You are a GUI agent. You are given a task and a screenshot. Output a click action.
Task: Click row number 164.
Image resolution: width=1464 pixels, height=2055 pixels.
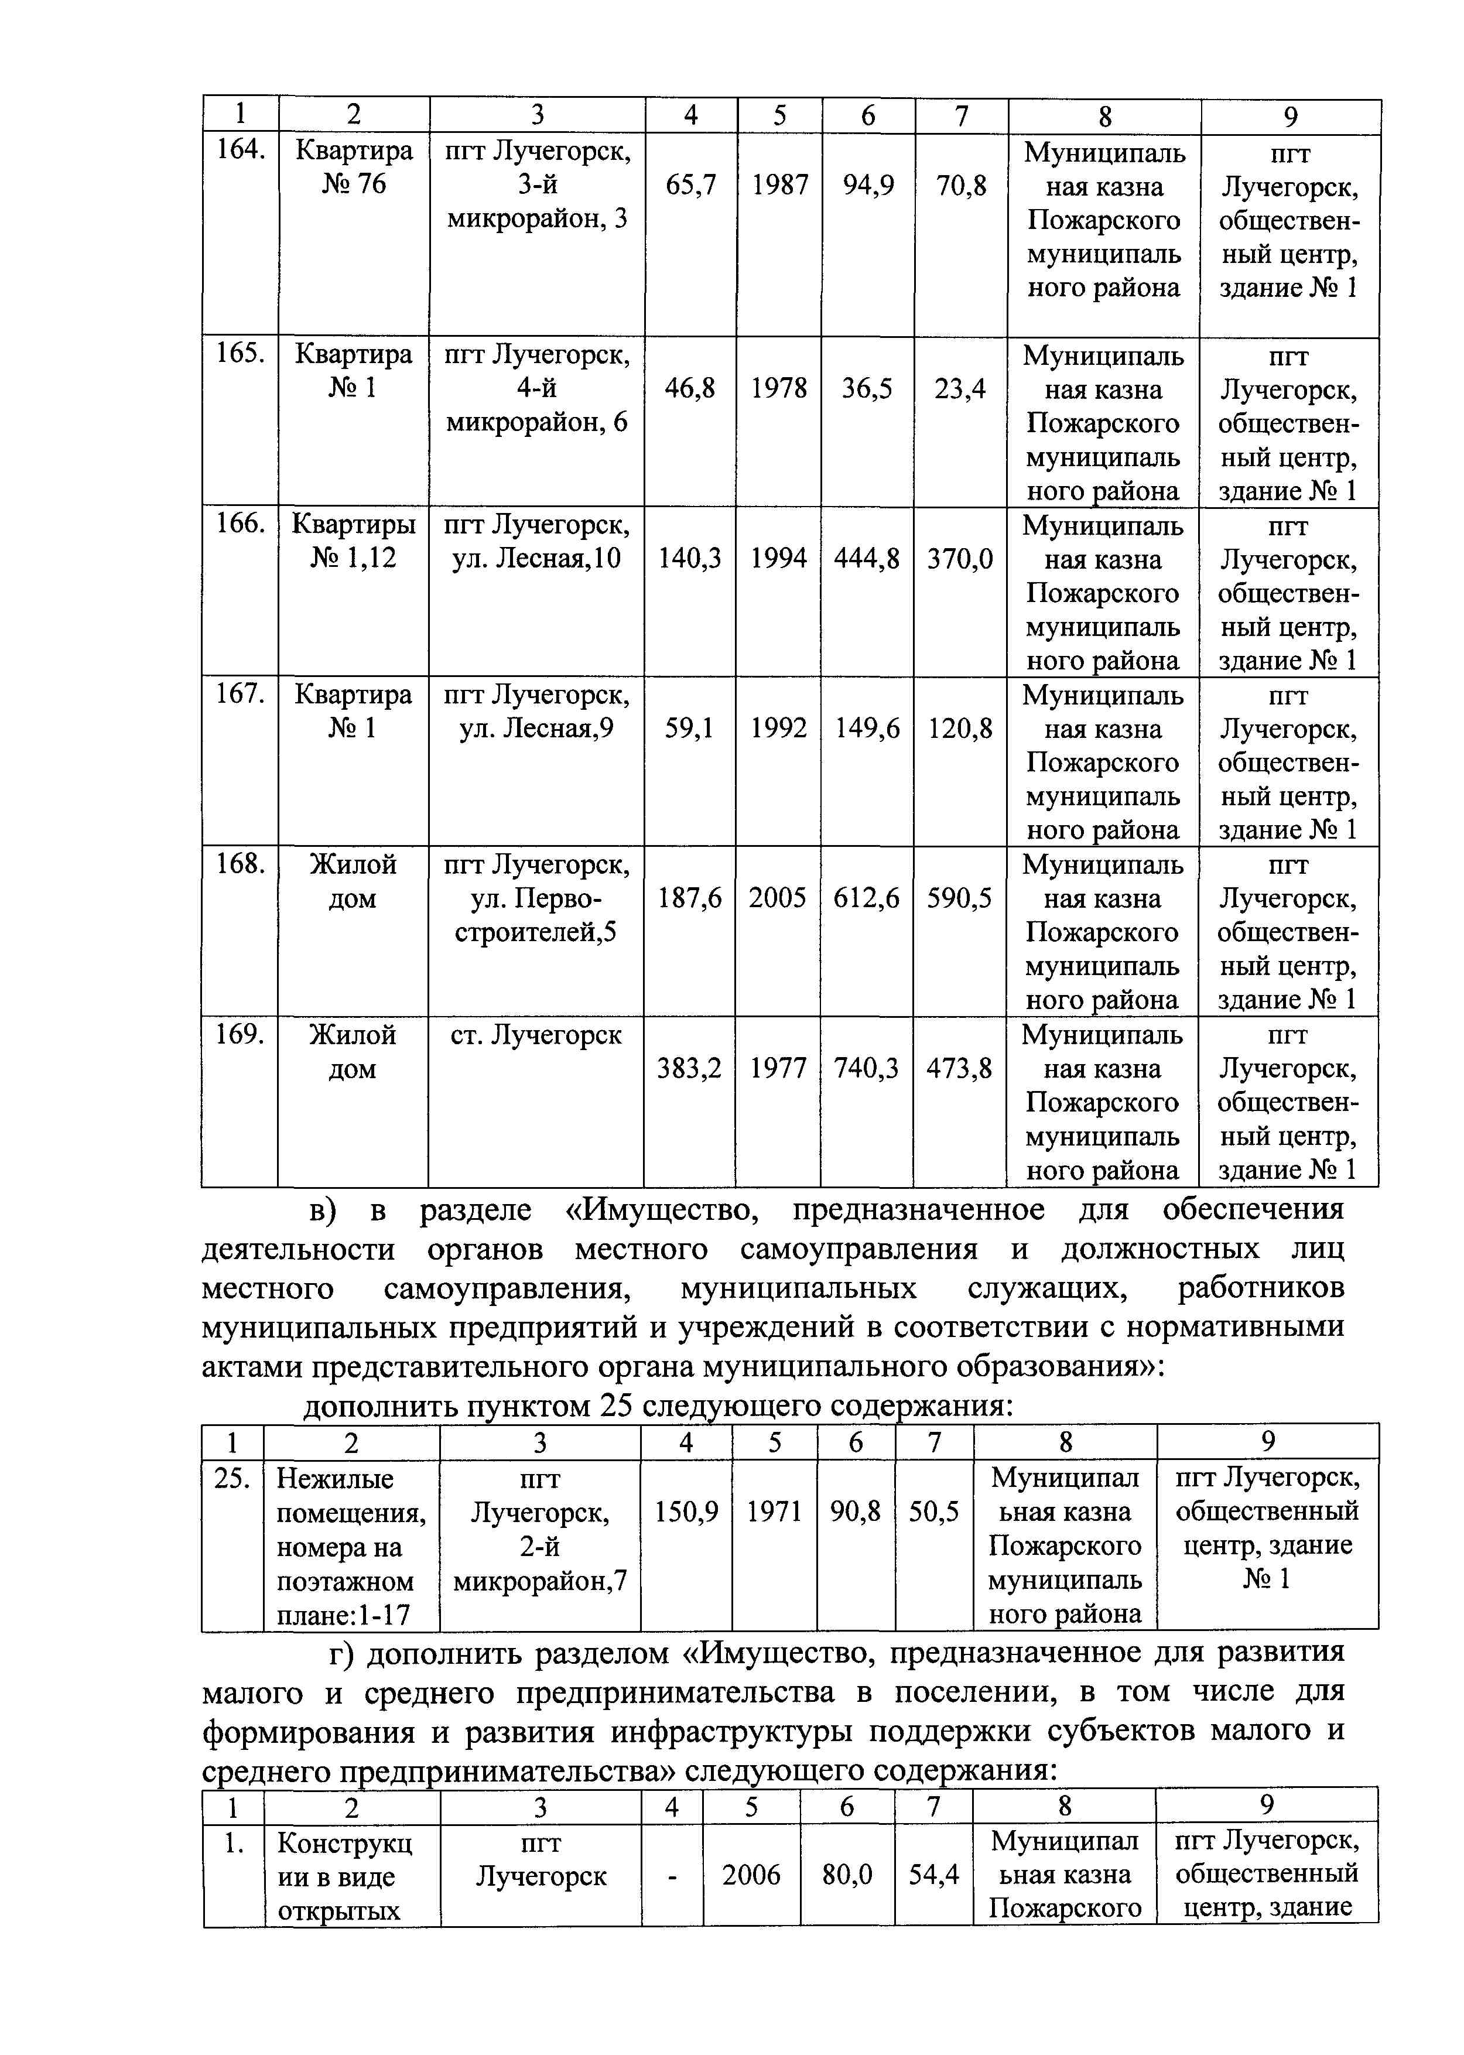point(240,149)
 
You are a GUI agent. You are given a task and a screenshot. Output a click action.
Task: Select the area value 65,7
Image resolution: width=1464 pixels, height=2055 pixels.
point(690,186)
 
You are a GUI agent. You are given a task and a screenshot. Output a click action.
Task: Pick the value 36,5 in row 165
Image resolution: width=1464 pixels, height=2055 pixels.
point(867,388)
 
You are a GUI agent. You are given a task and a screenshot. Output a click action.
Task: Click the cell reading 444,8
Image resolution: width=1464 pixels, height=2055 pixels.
point(866,559)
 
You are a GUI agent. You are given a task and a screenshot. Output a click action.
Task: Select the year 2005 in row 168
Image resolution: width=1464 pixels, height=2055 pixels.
point(777,898)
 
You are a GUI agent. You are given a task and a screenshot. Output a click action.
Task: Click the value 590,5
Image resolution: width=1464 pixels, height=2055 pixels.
point(959,898)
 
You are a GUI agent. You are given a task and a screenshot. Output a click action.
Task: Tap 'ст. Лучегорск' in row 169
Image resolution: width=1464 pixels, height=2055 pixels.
point(535,1035)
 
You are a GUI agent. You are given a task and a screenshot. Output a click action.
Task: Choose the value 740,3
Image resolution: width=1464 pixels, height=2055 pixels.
point(866,1068)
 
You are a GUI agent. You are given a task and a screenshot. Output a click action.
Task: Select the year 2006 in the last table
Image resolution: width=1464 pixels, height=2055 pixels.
point(751,1876)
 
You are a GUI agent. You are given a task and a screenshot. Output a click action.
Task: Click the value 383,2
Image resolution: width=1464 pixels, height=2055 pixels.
point(689,1068)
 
